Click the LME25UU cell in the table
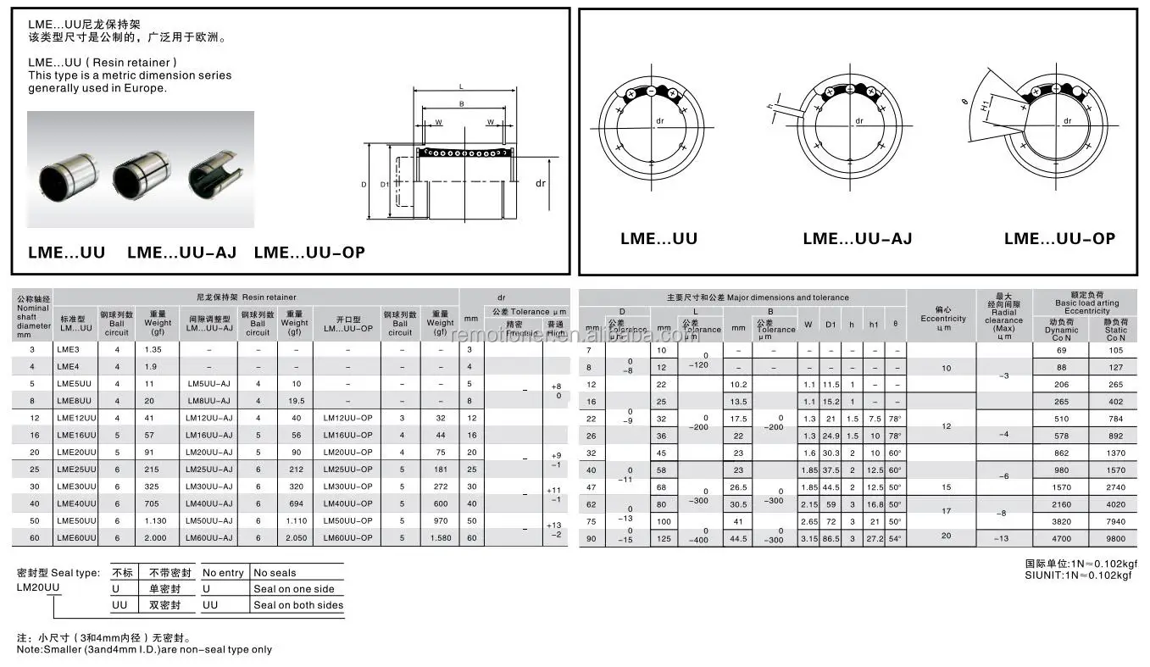[77, 470]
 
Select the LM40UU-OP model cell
[347, 503]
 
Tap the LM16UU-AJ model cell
[208, 435]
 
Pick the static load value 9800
[1115, 538]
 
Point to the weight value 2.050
[295, 538]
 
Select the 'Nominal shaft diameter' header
[33, 317]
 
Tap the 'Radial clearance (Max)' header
[1003, 320]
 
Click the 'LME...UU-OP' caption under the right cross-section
[1059, 239]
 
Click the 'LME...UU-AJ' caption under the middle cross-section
[857, 239]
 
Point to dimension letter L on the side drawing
[460, 86]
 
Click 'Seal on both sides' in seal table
[298, 605]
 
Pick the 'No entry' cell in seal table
[223, 573]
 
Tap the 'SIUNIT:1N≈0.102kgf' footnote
[1078, 575]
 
